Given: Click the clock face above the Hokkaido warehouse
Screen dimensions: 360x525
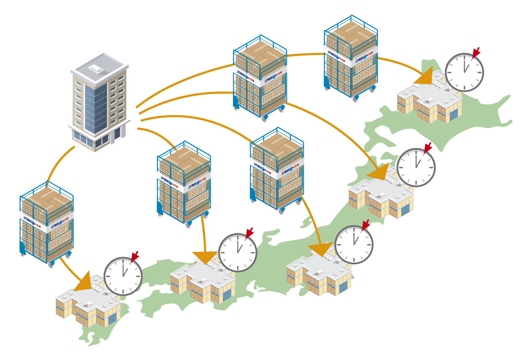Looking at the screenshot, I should point(464,72).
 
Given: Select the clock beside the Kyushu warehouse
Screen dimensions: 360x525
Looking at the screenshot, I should point(123,276).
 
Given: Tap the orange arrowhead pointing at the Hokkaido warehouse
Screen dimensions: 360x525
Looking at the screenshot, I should point(425,77).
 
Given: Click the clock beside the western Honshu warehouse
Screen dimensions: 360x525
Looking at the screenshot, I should point(238,252).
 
